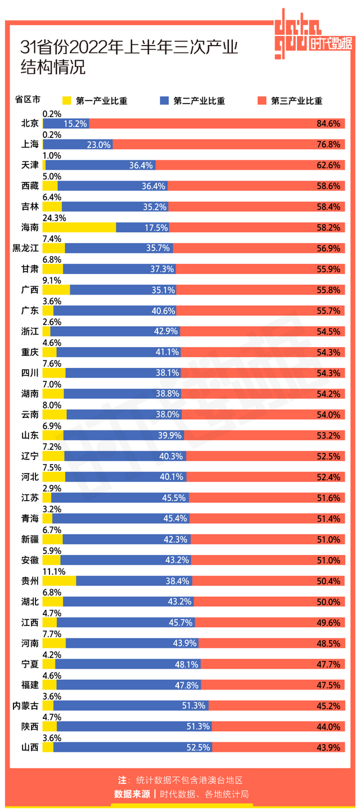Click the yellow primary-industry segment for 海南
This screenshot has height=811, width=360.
[x=79, y=227]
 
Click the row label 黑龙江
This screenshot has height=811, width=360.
[x=25, y=248]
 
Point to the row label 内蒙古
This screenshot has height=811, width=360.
[x=25, y=706]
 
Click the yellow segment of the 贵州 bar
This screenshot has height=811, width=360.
[x=59, y=581]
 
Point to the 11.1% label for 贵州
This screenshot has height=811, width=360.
[x=54, y=571]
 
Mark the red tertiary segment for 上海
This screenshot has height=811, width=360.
[x=225, y=144]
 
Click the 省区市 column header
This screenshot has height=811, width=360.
[x=28, y=100]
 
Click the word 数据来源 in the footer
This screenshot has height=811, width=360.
[x=132, y=794]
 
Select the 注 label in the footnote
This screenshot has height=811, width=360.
[x=122, y=780]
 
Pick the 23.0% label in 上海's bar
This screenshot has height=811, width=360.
[x=98, y=144]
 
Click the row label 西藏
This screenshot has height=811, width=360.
[x=29, y=186]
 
